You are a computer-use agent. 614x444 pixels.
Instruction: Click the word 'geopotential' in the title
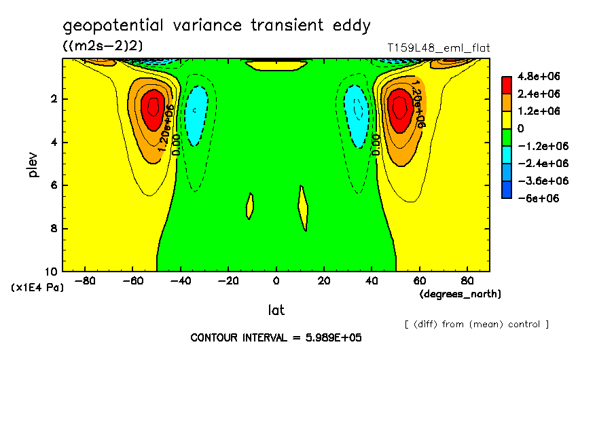[113, 26]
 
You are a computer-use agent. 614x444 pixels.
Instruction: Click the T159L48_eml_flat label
[439, 48]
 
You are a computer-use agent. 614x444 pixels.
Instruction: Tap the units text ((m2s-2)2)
[103, 45]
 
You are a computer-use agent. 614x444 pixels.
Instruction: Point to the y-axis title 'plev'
[33, 165]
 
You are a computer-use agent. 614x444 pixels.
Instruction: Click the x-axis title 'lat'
[276, 310]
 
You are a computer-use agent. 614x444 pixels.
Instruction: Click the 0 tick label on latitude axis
[276, 281]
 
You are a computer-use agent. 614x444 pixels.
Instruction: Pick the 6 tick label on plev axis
[54, 185]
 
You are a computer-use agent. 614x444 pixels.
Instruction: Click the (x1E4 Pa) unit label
[37, 288]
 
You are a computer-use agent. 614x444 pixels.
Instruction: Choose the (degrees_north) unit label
[460, 294]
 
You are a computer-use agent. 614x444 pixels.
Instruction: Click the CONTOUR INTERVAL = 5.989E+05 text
[276, 337]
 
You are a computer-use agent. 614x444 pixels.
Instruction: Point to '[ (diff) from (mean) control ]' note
[477, 325]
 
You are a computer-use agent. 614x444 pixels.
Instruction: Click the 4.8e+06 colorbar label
[539, 76]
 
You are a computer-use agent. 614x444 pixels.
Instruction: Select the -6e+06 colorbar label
[539, 198]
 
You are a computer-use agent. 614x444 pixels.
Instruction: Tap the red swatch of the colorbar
[507, 85]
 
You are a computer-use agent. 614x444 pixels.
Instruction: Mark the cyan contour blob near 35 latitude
[357, 116]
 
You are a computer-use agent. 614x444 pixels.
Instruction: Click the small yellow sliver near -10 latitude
[249, 206]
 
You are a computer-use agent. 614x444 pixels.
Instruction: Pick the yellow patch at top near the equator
[276, 65]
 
